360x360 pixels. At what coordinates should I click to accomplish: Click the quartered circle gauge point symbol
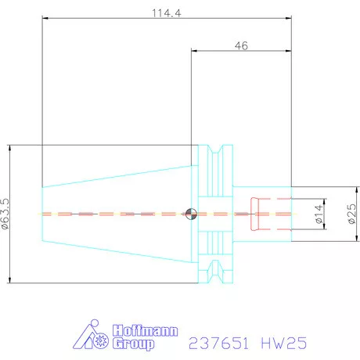pyautogui.click(x=190, y=213)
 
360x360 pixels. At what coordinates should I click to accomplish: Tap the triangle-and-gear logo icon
pyautogui.click(x=92, y=337)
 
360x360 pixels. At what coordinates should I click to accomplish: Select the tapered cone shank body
pyautogui.click(x=117, y=213)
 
